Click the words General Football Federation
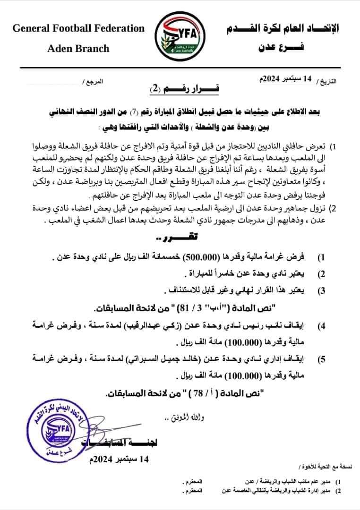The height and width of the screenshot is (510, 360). coord(78,28)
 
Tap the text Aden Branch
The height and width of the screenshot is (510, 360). coord(78,48)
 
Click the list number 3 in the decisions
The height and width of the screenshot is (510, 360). coord(321,291)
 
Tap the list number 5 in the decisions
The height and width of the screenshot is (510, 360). coord(321,360)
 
